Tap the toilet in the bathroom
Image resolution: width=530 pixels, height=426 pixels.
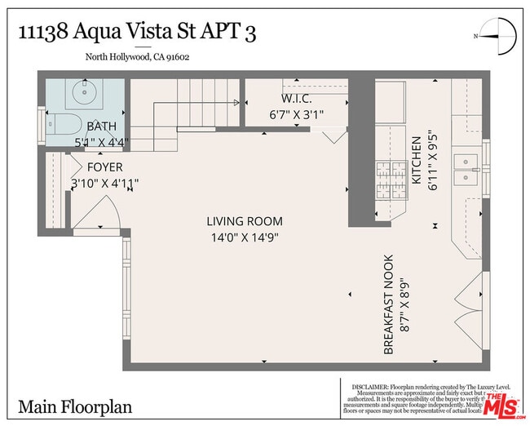[x=63, y=126]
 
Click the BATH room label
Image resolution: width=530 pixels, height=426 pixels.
[x=102, y=126]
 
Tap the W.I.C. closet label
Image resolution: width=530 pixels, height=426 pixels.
[x=291, y=99]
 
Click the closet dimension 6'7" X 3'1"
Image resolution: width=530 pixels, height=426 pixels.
[x=296, y=114]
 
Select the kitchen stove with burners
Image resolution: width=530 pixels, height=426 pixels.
[x=391, y=180]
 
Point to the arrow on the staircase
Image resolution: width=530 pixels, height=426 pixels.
[x=236, y=103]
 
